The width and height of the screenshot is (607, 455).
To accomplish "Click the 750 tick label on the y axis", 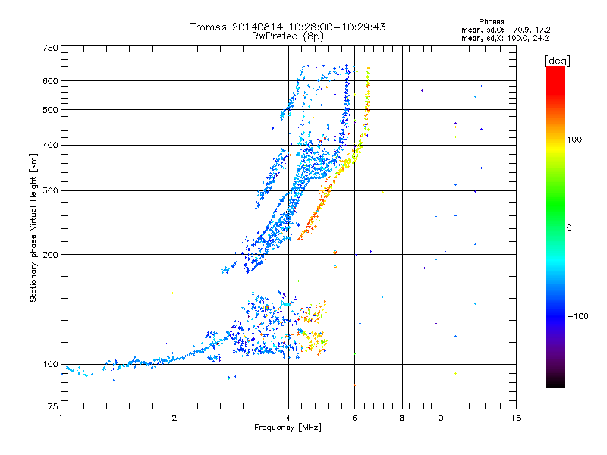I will (50, 48).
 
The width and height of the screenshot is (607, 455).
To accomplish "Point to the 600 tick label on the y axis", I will (50, 80).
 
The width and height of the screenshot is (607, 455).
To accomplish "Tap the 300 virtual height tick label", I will (50, 190).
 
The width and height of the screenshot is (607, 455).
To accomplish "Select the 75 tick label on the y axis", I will (52, 408).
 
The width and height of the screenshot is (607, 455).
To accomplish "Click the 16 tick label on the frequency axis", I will (515, 419).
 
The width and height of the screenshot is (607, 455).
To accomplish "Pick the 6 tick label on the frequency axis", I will (354, 419).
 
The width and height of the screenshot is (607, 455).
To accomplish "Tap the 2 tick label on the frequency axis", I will (175, 419).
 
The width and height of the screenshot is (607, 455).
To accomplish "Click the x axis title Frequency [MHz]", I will (288, 429).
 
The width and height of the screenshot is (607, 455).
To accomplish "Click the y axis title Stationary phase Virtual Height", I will (33, 227).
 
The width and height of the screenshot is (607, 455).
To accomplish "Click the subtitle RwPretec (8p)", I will (288, 36).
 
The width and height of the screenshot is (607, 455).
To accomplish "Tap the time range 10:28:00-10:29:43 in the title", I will (335, 27).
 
